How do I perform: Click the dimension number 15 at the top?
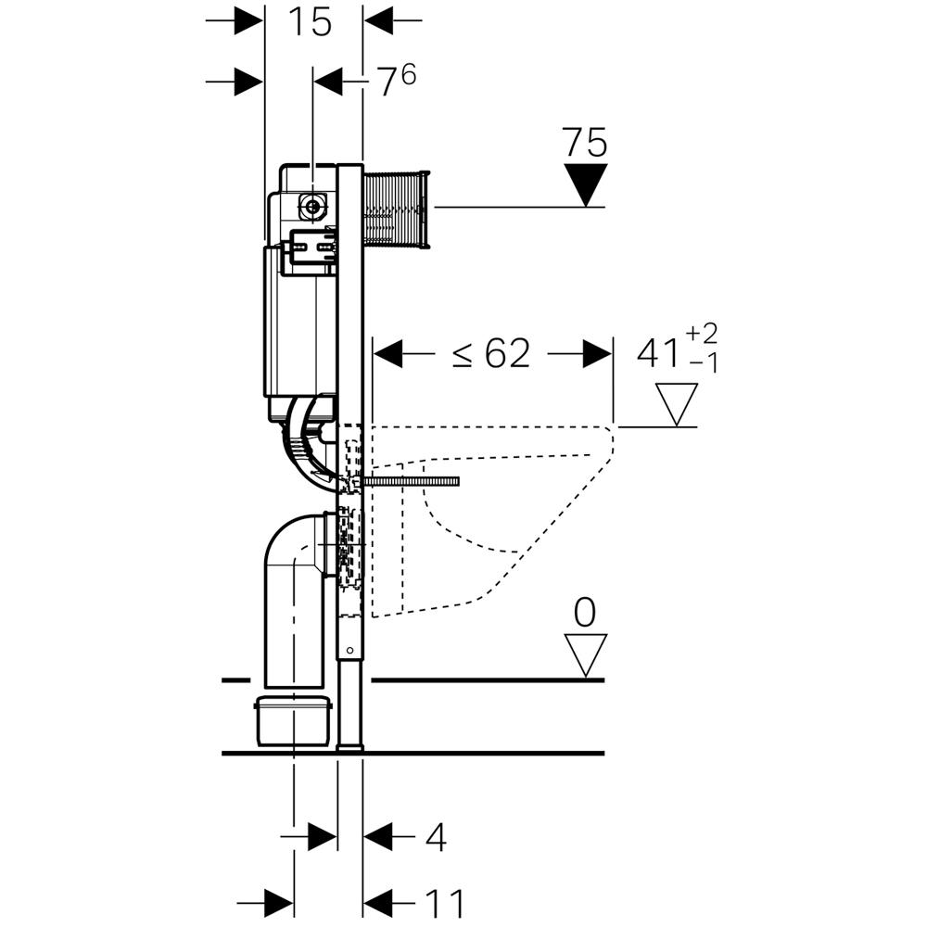[x=309, y=21]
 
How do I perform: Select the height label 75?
[x=584, y=144]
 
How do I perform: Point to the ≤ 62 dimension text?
[x=491, y=353]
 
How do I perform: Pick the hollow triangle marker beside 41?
[x=676, y=404]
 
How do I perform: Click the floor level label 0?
[x=585, y=613]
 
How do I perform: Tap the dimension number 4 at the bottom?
[x=436, y=838]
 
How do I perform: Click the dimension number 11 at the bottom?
[x=444, y=902]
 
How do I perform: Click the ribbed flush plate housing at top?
[x=397, y=209]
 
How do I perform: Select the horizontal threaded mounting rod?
[x=413, y=482]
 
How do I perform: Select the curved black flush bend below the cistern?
[x=306, y=445]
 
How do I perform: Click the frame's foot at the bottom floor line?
[x=350, y=742]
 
